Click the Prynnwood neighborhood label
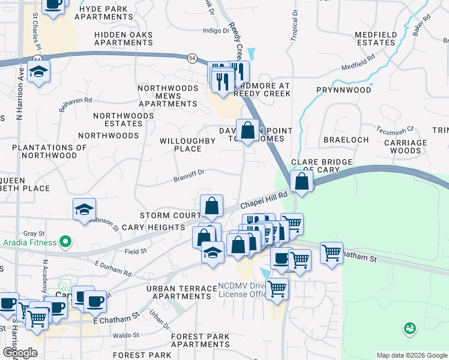coord(344,90)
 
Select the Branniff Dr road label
coord(189,175)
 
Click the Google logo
coord(20,353)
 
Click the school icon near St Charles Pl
coord(39,72)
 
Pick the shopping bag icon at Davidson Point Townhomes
coord(247,130)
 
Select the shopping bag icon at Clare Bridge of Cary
coord(300,181)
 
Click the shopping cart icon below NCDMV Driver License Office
coord(277,289)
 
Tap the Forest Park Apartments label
coord(200,341)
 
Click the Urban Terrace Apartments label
coord(181,292)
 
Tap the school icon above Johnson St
coord(84,209)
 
